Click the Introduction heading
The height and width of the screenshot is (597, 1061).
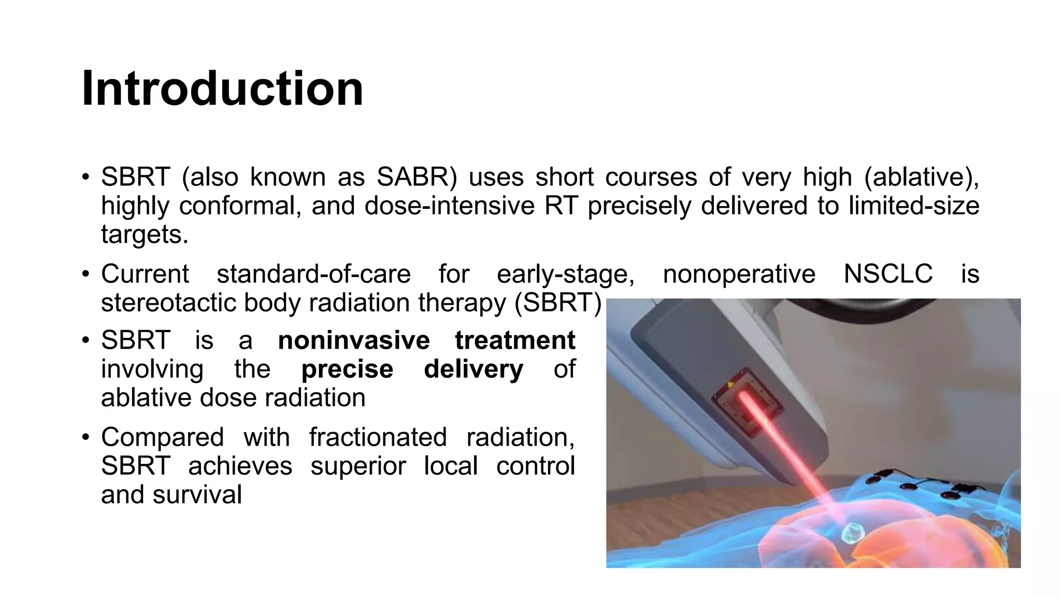tap(223, 89)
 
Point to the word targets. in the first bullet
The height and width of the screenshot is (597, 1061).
tap(145, 234)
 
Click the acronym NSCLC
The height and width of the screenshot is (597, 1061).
tap(888, 274)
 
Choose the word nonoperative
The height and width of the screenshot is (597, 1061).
tap(739, 274)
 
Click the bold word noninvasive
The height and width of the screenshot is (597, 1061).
tap(354, 340)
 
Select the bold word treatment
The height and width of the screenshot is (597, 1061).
tap(515, 340)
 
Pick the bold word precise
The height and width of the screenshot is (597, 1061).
tap(347, 369)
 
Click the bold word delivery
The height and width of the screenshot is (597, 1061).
tap(474, 369)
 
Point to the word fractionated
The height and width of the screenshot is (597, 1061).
tap(378, 437)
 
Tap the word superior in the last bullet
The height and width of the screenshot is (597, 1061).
tap(358, 466)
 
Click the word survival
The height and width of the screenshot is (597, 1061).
tap(197, 494)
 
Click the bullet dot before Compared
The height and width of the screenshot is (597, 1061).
tap(86, 437)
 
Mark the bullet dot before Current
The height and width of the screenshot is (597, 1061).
tap(86, 274)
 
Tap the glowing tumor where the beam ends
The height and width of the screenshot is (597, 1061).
tap(852, 533)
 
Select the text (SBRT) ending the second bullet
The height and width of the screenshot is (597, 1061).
tap(557, 303)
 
